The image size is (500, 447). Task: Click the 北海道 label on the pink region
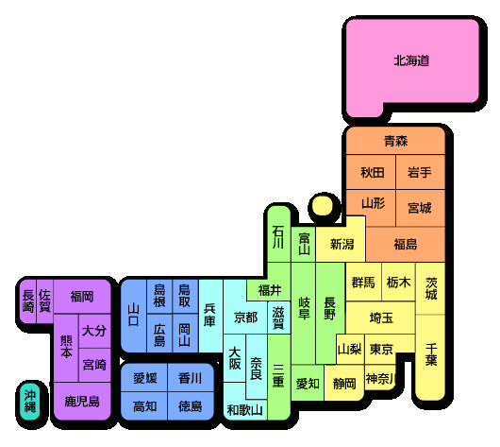pos(411,60)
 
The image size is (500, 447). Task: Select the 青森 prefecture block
pos(395,141)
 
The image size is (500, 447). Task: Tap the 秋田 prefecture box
pos(371,172)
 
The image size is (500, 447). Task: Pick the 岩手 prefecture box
pos(421,172)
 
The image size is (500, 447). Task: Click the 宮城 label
pos(420,208)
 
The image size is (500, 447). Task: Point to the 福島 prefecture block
pos(406,245)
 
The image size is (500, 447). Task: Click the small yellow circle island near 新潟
pos(322,206)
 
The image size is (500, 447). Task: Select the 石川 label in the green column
pos(278,237)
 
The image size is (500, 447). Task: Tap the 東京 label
pos(381,349)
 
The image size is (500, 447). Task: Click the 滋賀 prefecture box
pos(278,318)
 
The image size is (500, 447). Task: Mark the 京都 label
pos(245,318)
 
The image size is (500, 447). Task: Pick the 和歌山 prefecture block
pos(245,405)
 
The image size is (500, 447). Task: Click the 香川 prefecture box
pos(191,378)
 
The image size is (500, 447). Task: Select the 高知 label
pos(144,406)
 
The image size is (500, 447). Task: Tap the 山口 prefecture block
pos(134,316)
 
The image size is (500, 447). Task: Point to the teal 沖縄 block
pos(30,401)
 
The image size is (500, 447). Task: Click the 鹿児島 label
pos(82,402)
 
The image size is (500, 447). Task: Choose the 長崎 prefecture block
pos(28,301)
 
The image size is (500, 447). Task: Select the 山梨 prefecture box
pos(350,350)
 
